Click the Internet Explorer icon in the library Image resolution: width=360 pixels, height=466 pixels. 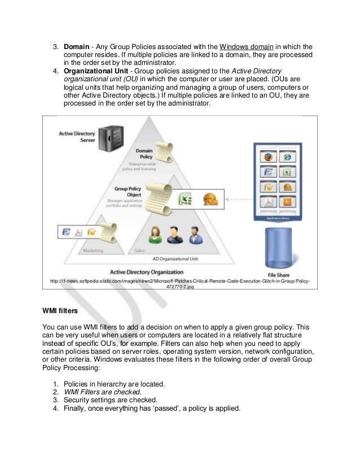tap(288, 156)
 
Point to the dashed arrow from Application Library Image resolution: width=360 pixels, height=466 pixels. tap(239, 198)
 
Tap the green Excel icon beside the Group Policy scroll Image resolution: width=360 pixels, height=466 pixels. tap(185, 200)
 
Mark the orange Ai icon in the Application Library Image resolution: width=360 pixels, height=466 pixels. tap(288, 202)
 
